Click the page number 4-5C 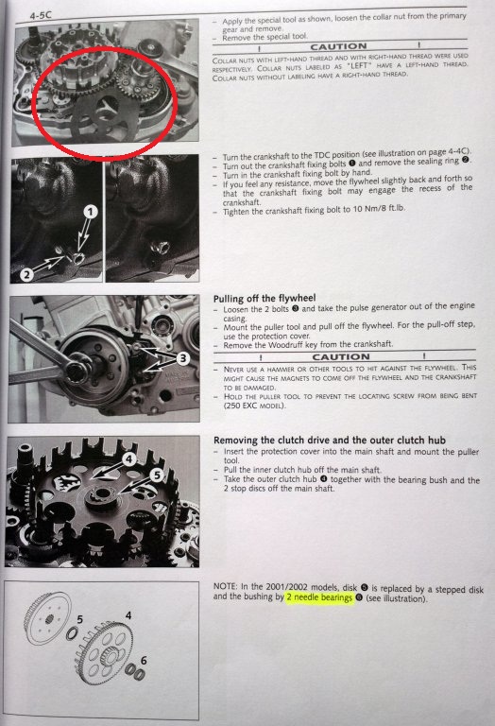41,15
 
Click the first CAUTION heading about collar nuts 338,46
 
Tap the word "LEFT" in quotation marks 360,65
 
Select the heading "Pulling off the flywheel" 265,298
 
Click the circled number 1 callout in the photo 91,212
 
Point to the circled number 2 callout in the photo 26,274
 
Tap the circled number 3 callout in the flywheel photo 183,358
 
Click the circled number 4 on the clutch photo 129,458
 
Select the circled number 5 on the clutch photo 157,475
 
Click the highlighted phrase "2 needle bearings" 319,597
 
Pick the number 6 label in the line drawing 144,660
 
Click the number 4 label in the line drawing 128,615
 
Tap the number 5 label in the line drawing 80,619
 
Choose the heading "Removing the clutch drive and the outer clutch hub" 330,440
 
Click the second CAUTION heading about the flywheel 341,357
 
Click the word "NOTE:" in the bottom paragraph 225,586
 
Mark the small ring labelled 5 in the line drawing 72,633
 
